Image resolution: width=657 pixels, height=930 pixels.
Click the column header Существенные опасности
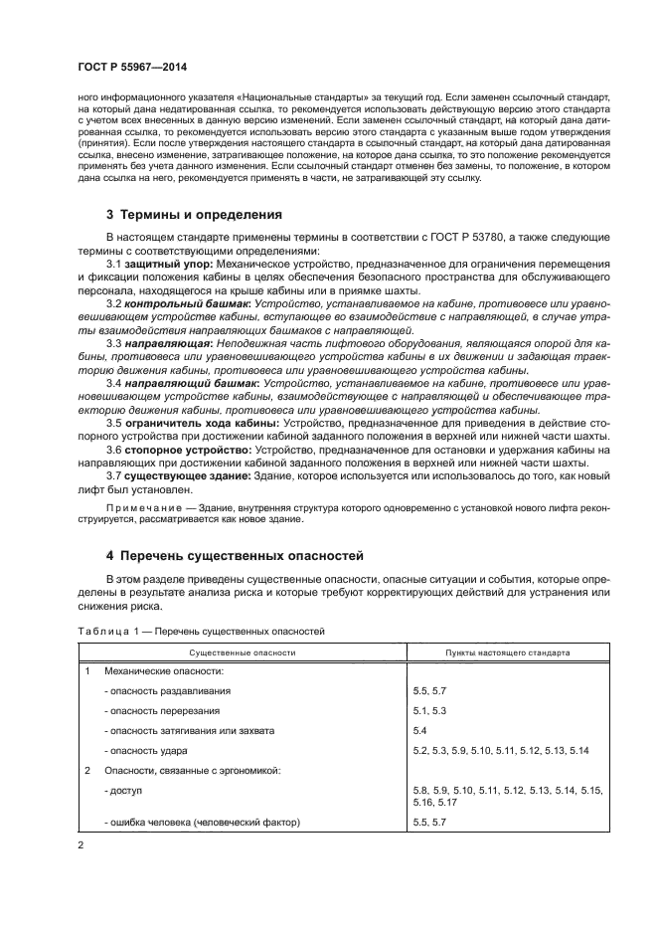pos(244,653)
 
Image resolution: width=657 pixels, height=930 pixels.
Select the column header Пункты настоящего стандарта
pos(506,653)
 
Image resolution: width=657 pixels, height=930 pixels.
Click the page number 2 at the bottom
pos(82,844)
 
